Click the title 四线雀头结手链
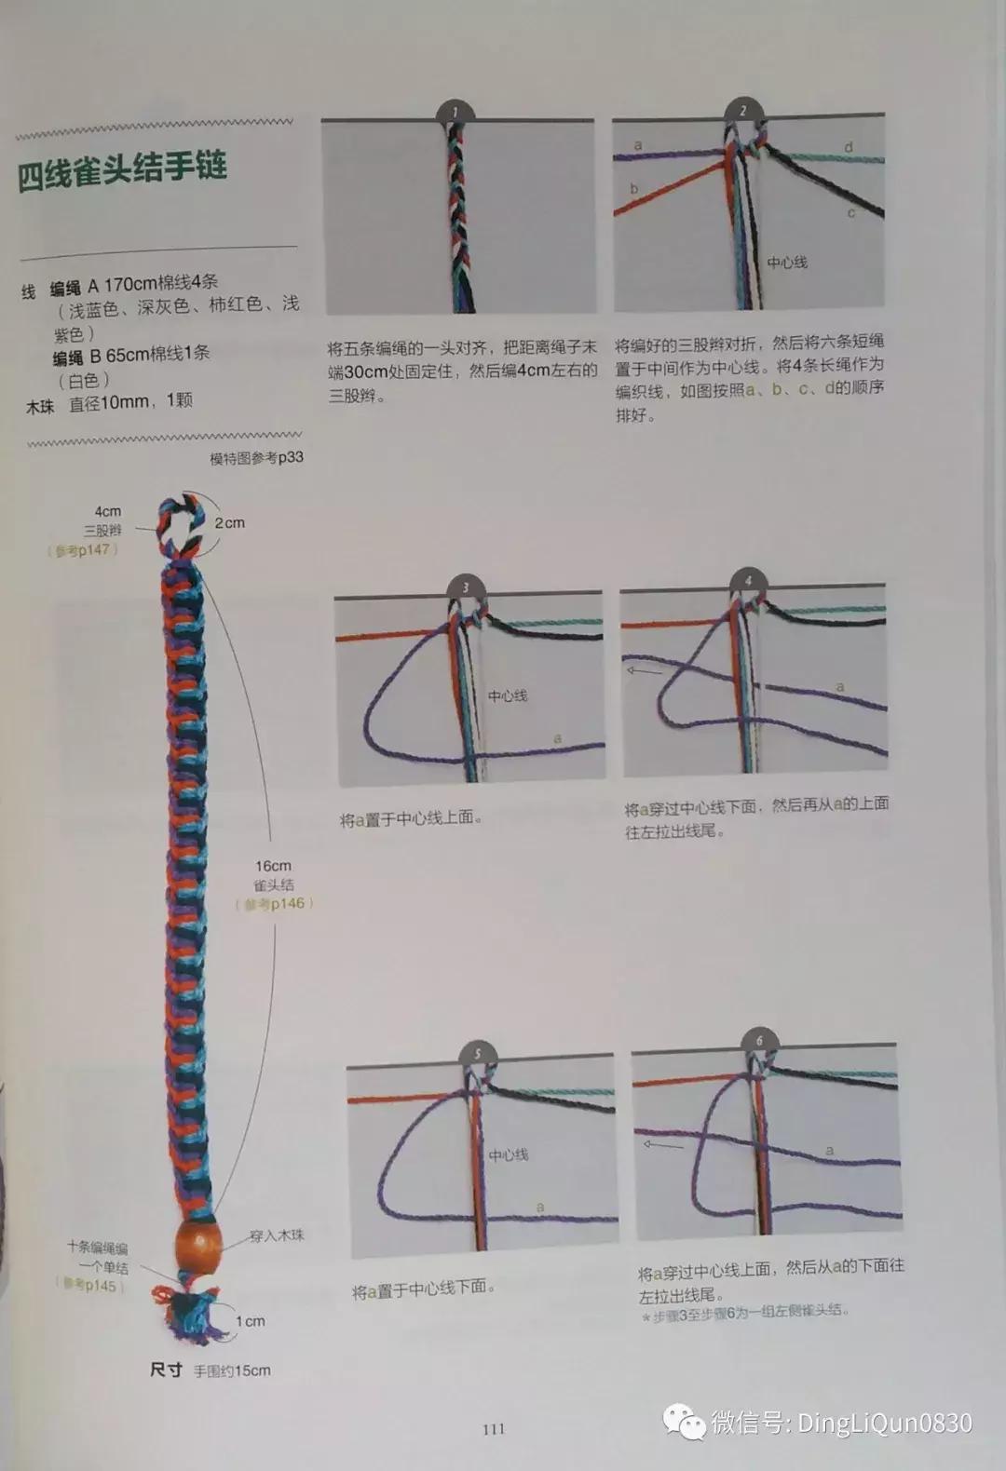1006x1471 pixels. (122, 171)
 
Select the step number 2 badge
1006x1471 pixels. (743, 111)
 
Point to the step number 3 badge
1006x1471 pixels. (466, 587)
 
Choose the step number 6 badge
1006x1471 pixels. (759, 1041)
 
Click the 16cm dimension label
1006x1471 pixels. (273, 866)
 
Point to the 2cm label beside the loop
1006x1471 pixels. (229, 523)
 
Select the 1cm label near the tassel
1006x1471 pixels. (250, 1321)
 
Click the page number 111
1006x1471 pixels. (494, 1429)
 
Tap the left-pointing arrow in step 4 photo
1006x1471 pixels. (644, 669)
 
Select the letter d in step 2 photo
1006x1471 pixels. (849, 147)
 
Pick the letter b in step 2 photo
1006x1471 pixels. (634, 189)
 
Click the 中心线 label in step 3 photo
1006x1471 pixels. (508, 695)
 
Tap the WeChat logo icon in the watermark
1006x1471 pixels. (685, 1422)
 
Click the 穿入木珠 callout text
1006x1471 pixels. (277, 1235)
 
